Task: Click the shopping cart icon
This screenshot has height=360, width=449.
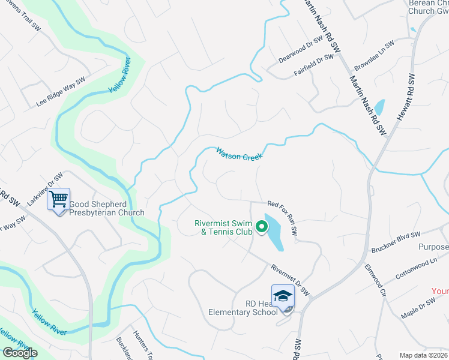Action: click(x=59, y=199)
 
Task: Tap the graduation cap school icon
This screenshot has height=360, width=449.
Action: click(x=283, y=295)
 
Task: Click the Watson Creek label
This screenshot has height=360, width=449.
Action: click(x=240, y=154)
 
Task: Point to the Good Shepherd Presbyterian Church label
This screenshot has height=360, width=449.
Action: click(x=107, y=208)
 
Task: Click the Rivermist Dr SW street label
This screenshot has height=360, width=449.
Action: click(x=289, y=280)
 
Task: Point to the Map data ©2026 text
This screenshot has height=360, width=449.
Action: click(x=423, y=355)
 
